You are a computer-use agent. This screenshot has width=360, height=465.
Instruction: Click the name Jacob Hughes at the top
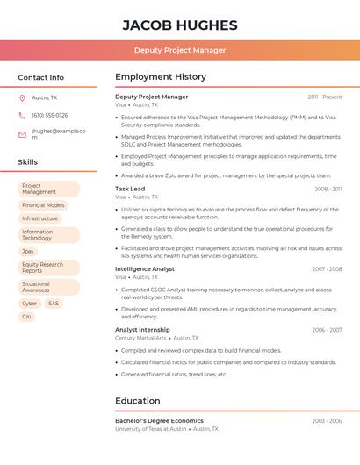tap(180, 25)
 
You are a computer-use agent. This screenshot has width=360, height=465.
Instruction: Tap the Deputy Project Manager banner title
tap(180, 50)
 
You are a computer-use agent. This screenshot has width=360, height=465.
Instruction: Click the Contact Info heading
tap(41, 77)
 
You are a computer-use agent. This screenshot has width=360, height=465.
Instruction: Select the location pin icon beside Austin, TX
tap(22, 97)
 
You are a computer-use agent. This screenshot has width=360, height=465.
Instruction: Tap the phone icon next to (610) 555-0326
tap(22, 115)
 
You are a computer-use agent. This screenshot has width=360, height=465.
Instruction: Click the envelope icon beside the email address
tap(22, 134)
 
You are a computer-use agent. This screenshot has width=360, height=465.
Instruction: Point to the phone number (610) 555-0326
tap(50, 115)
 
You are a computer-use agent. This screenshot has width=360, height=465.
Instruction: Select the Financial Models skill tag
tap(43, 205)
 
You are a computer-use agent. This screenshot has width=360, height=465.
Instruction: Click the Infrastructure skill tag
tap(40, 218)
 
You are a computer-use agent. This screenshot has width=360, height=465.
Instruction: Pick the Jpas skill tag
tap(28, 251)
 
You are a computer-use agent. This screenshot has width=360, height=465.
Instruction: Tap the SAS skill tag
tap(54, 304)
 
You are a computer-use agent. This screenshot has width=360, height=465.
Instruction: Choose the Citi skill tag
tap(26, 317)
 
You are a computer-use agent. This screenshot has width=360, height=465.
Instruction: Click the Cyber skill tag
tap(30, 304)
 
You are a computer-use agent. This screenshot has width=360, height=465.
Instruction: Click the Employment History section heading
tap(161, 77)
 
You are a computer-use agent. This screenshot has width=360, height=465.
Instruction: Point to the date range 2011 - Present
tap(325, 97)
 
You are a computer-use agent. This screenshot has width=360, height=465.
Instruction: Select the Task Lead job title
tap(130, 189)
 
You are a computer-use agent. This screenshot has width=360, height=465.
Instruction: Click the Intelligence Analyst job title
tap(145, 268)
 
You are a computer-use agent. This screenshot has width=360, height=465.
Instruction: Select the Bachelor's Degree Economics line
tap(159, 421)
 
